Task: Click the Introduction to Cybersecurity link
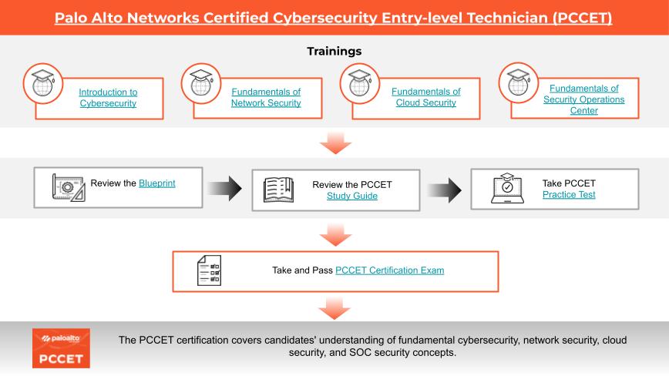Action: click(108, 97)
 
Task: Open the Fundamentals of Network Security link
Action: click(266, 97)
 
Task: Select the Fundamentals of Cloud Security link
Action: click(425, 97)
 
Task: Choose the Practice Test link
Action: click(569, 195)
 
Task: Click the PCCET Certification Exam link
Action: click(389, 270)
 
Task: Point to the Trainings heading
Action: click(334, 51)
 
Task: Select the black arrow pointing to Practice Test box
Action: click(443, 188)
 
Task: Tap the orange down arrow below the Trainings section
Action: click(334, 141)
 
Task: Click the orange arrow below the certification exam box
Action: click(334, 308)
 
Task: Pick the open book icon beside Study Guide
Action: click(278, 189)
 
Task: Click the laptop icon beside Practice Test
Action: click(507, 189)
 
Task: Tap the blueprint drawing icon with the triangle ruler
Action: click(67, 186)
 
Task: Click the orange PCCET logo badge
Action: click(61, 347)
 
